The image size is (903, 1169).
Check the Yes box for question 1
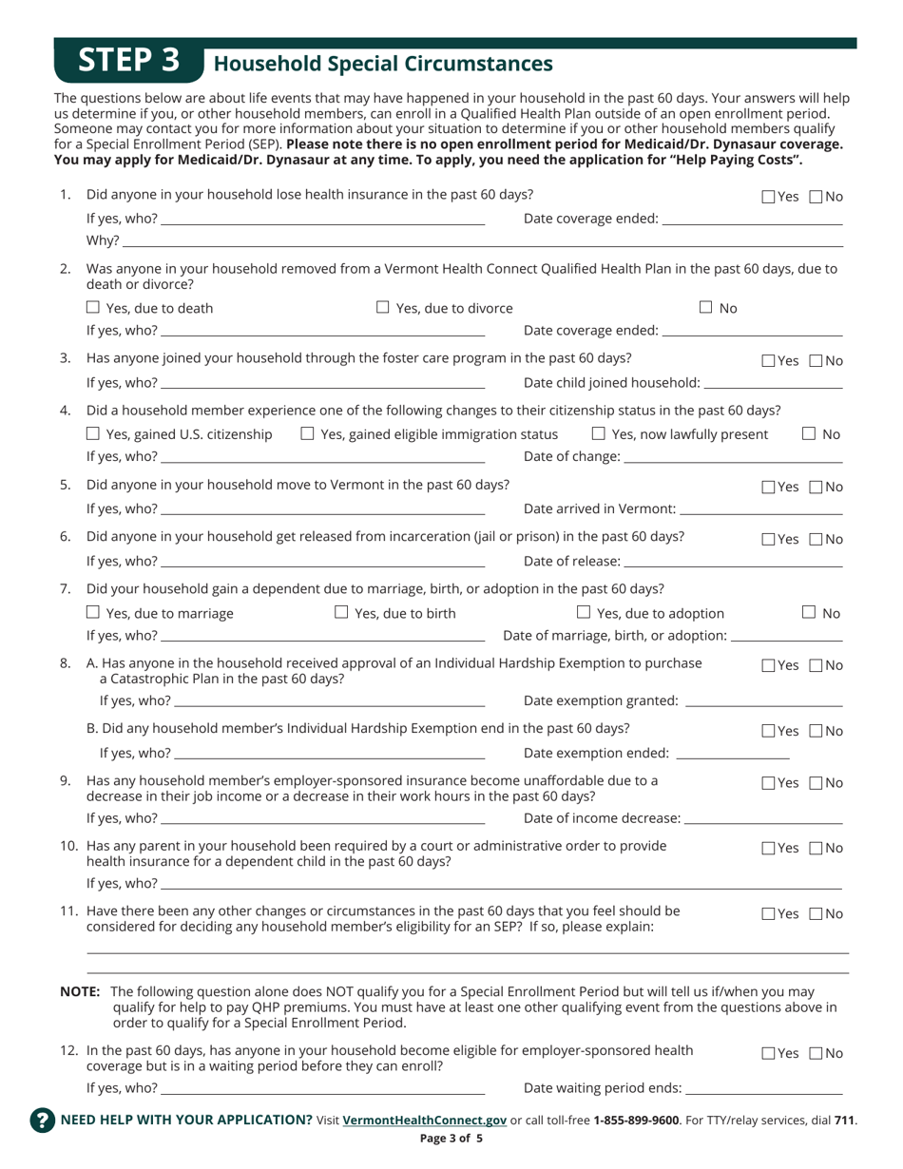(x=769, y=198)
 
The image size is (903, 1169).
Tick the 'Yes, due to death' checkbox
(x=93, y=307)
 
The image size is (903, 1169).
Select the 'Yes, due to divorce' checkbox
(x=383, y=307)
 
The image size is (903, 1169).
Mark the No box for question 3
(x=817, y=361)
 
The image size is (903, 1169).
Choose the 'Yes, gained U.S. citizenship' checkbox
(x=93, y=434)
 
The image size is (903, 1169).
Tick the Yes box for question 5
(x=769, y=488)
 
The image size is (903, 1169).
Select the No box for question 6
(x=817, y=539)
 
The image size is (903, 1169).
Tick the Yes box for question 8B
(x=769, y=732)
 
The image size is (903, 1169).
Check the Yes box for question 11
(x=769, y=914)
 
